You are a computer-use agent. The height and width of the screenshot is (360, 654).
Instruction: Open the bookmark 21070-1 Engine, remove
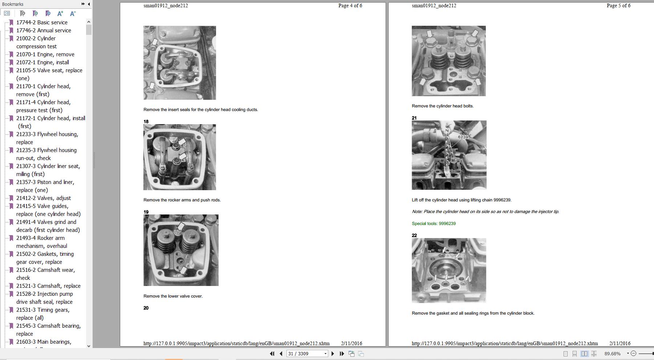click(x=45, y=54)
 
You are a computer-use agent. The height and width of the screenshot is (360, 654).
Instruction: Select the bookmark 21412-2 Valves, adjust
click(x=44, y=198)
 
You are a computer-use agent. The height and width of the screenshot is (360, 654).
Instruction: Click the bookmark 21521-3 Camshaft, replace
click(x=48, y=286)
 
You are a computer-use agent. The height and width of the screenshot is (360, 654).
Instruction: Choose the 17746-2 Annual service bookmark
click(x=44, y=30)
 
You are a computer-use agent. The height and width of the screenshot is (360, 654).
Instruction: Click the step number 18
click(x=146, y=122)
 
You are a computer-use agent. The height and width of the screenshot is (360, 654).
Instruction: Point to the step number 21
click(x=414, y=118)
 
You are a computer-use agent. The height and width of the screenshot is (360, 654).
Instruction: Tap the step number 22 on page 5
click(x=414, y=236)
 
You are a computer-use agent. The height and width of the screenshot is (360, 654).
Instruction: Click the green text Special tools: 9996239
click(x=434, y=224)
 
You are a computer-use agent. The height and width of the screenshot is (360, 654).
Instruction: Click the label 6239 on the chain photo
click(x=463, y=137)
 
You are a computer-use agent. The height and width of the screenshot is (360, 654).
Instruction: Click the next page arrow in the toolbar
click(x=333, y=353)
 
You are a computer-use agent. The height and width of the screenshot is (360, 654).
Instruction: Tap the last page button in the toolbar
click(x=342, y=353)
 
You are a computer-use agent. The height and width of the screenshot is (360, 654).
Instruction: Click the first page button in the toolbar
click(x=272, y=353)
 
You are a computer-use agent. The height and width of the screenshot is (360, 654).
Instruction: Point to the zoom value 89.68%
click(x=613, y=353)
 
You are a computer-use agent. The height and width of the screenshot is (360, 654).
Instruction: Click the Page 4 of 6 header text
click(x=350, y=5)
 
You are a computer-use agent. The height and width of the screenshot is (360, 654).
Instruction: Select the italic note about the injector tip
click(x=485, y=212)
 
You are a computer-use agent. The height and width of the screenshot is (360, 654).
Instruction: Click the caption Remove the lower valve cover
click(x=173, y=296)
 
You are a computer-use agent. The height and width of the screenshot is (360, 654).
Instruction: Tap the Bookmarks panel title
click(x=13, y=4)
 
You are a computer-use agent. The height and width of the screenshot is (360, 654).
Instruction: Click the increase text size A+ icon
click(x=60, y=13)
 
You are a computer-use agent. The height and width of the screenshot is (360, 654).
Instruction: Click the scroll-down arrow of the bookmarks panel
click(x=89, y=346)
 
